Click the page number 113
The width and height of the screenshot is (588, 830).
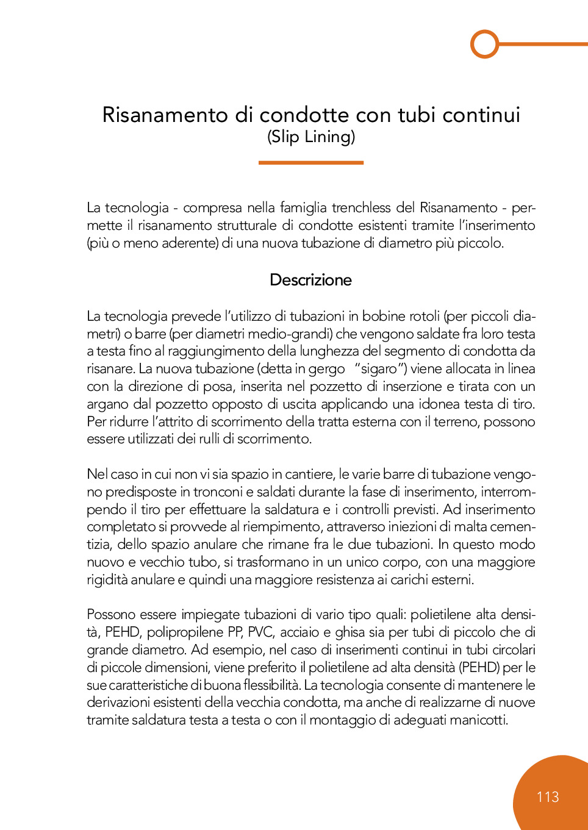click(x=548, y=797)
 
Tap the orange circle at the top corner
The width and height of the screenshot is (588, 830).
click(x=485, y=44)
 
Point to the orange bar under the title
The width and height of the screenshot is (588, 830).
click(x=311, y=163)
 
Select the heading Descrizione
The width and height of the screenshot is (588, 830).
click(x=311, y=280)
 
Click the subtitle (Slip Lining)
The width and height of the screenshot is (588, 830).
click(x=311, y=137)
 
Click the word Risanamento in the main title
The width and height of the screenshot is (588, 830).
click(x=164, y=115)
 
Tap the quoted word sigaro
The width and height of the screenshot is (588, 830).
click(x=381, y=369)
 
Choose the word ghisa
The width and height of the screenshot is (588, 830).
click(x=350, y=632)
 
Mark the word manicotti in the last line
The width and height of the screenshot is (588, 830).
click(x=478, y=720)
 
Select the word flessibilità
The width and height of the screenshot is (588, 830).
click(x=271, y=685)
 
